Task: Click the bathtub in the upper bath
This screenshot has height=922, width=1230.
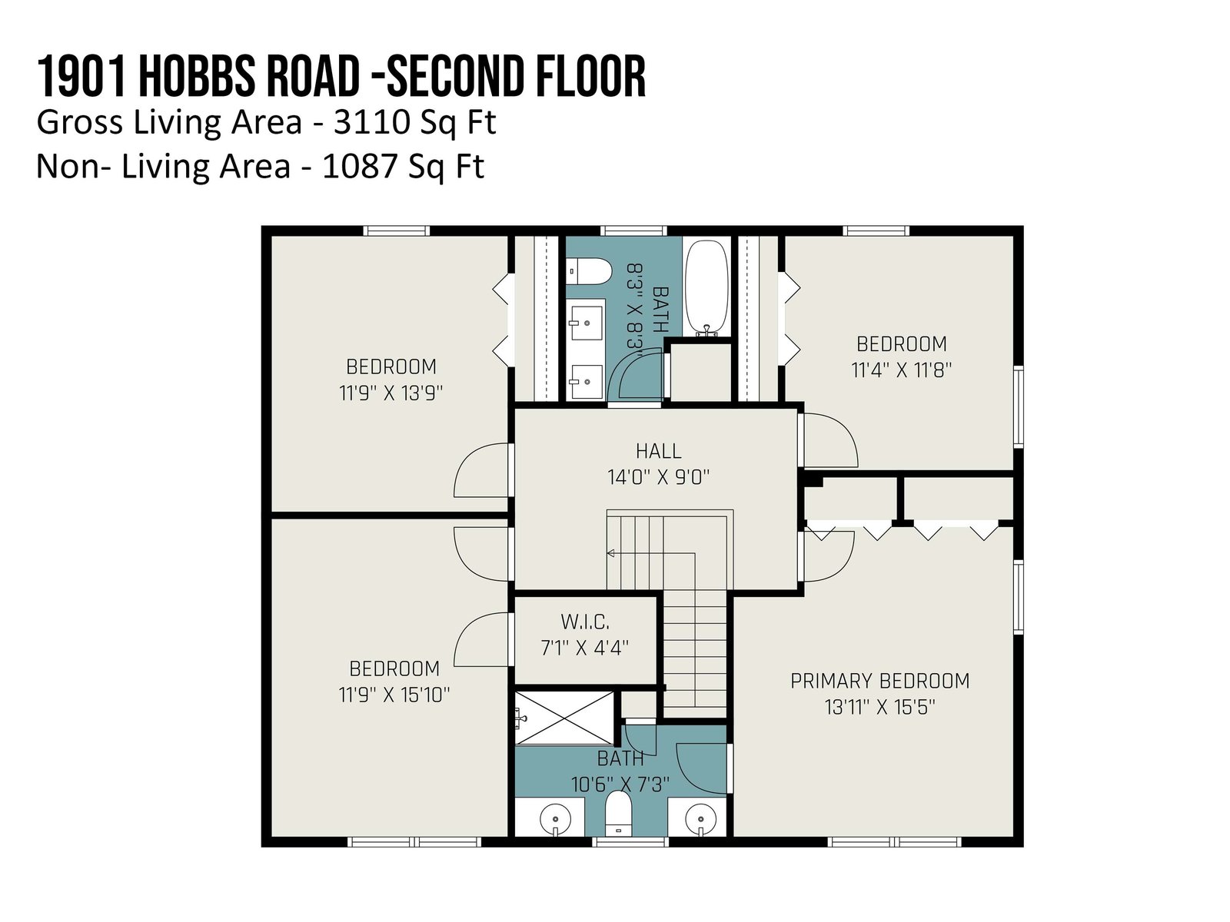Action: click(x=706, y=287)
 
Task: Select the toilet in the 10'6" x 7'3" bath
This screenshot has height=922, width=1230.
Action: click(x=618, y=812)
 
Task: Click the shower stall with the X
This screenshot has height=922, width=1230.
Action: click(x=564, y=718)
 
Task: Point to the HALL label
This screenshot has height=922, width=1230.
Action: click(x=658, y=451)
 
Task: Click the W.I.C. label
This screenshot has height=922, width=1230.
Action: click(x=584, y=622)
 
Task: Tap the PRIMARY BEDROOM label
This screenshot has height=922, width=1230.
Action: click(x=879, y=681)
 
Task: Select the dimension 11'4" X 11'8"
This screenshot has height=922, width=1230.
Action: click(x=901, y=370)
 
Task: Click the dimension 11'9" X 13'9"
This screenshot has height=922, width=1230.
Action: click(x=391, y=393)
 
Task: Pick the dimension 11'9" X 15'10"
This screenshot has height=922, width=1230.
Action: click(x=394, y=695)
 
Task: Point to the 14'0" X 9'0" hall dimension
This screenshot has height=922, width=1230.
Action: click(x=658, y=477)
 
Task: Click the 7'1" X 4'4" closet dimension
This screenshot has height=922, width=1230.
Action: click(x=584, y=648)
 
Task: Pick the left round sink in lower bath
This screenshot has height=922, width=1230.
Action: click(x=555, y=820)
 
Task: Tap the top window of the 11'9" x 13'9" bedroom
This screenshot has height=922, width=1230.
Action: click(x=396, y=230)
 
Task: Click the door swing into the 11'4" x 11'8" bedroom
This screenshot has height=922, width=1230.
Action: click(x=829, y=439)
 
